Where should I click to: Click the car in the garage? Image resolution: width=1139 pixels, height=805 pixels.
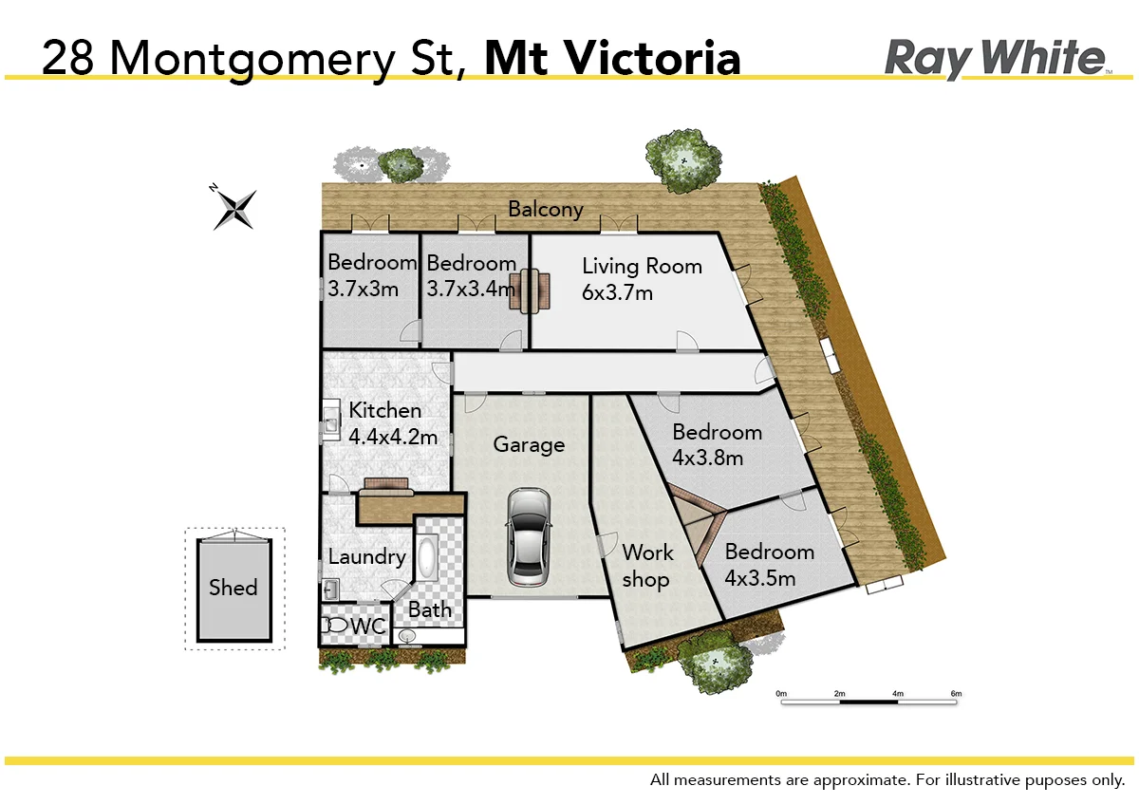(x=528, y=537)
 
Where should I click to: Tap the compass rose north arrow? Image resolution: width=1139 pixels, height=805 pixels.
(x=234, y=207)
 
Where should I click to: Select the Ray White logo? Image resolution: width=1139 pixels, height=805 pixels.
(x=996, y=59)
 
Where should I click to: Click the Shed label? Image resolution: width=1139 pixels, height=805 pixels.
(x=233, y=588)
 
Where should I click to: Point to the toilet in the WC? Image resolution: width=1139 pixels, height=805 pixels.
(x=336, y=627)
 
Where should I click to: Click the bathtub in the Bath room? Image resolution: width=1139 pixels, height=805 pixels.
(x=427, y=557)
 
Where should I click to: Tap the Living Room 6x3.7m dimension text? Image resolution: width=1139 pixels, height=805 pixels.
(x=617, y=292)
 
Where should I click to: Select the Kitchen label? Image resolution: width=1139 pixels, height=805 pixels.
(x=384, y=411)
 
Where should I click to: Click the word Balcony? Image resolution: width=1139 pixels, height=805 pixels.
(x=545, y=210)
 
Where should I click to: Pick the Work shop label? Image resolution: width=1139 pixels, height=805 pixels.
(x=646, y=566)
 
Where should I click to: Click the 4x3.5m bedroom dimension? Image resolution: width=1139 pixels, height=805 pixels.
(x=759, y=577)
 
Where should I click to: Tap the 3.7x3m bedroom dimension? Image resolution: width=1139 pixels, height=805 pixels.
(x=363, y=289)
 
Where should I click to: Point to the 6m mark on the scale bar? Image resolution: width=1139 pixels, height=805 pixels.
(x=956, y=694)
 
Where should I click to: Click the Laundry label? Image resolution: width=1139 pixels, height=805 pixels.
(x=366, y=557)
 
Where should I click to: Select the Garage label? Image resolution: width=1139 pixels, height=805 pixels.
(x=529, y=444)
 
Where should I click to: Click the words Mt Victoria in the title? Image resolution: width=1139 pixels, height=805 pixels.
(x=612, y=59)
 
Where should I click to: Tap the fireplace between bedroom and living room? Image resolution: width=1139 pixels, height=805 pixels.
(x=529, y=290)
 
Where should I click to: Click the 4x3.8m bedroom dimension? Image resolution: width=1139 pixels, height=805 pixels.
(x=707, y=458)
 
